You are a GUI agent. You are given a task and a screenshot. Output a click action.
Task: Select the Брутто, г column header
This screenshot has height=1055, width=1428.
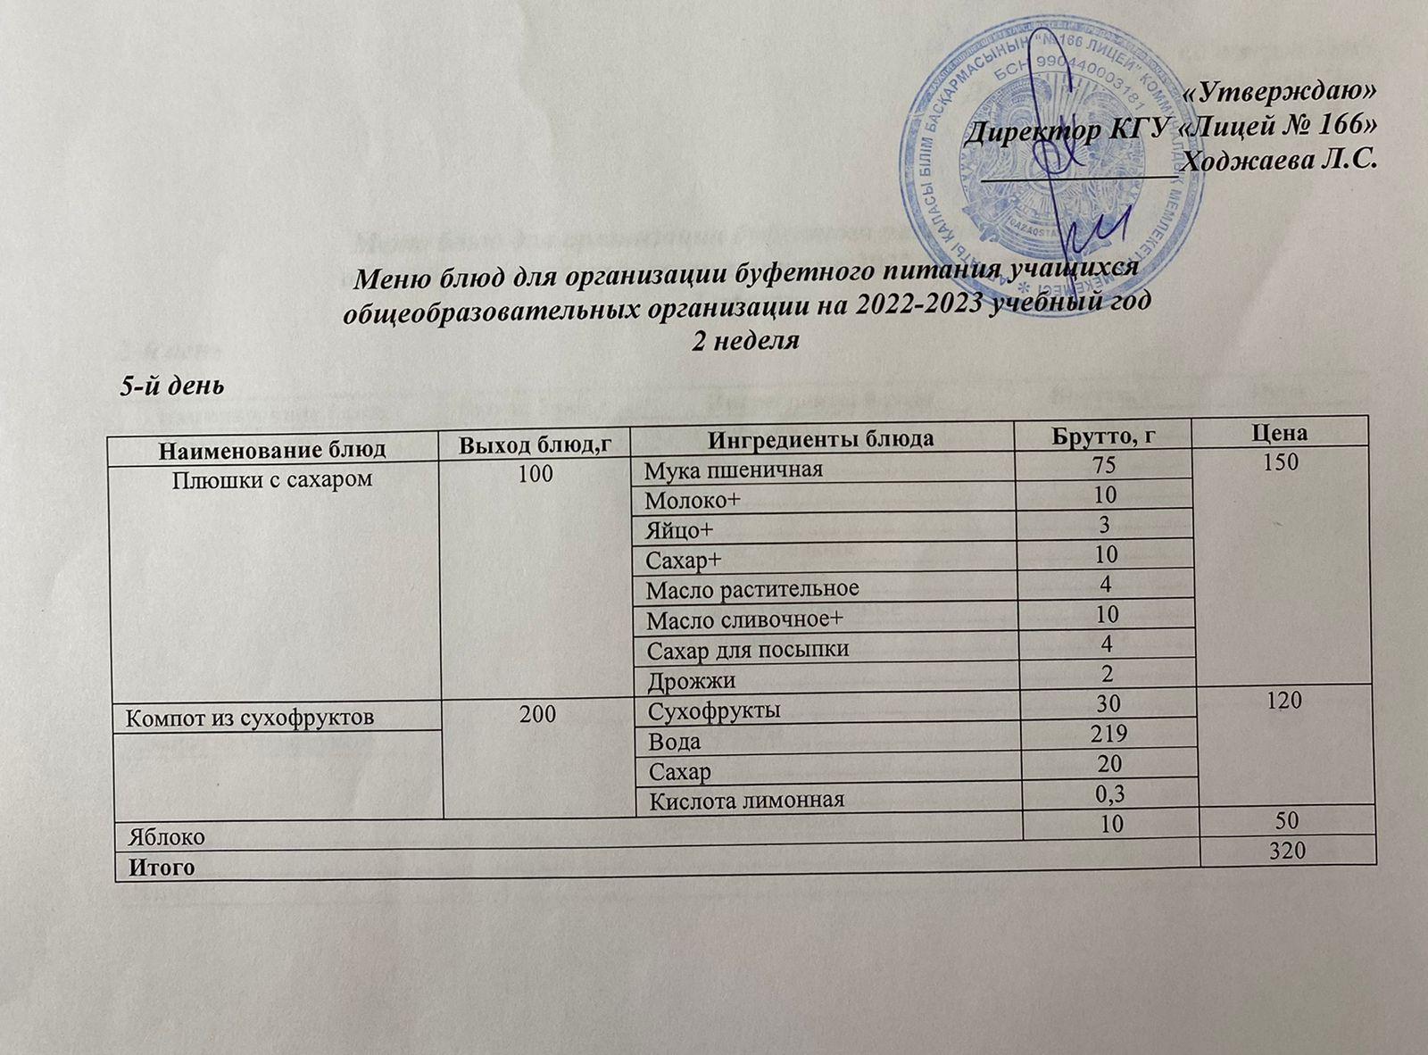point(1109,436)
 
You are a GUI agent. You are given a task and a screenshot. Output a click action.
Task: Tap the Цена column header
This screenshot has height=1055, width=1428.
point(1286,433)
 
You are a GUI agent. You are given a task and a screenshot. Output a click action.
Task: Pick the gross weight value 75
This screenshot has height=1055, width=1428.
point(1106,465)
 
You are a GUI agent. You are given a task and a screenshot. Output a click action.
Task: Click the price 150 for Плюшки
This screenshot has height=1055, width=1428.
point(1286,462)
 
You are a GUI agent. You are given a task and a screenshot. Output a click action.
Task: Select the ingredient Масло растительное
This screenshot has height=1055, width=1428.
point(752,588)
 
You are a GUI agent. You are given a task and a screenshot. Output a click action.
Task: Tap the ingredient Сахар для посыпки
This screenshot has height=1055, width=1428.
point(747,649)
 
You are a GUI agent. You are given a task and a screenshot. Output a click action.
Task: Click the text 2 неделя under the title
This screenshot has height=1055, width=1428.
point(745,340)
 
